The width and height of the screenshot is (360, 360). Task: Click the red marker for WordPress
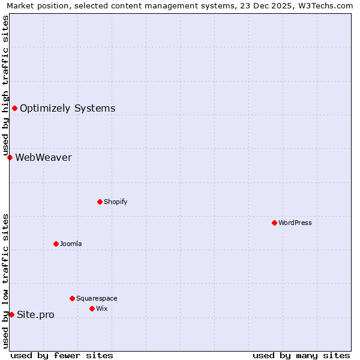274,223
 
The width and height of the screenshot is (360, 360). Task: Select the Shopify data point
100,202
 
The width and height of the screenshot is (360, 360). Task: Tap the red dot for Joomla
56,244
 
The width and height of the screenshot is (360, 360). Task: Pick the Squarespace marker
72,298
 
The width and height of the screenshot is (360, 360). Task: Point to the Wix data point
92,308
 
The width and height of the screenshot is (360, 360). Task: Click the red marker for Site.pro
11,314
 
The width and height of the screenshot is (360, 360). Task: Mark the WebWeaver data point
10,157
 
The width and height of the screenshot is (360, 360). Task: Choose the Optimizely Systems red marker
14,108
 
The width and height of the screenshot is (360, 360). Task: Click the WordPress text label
295,223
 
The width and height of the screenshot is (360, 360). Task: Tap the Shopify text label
116,202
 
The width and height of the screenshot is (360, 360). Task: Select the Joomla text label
71,244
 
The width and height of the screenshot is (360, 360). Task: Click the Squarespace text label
97,298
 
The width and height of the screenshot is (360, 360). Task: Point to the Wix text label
102,308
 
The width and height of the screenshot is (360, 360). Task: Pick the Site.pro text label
35,315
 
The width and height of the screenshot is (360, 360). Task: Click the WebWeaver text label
43,158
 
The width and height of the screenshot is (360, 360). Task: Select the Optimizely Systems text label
68,109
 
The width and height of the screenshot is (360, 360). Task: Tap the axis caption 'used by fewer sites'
62,355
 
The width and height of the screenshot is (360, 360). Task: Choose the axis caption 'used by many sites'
301,355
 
